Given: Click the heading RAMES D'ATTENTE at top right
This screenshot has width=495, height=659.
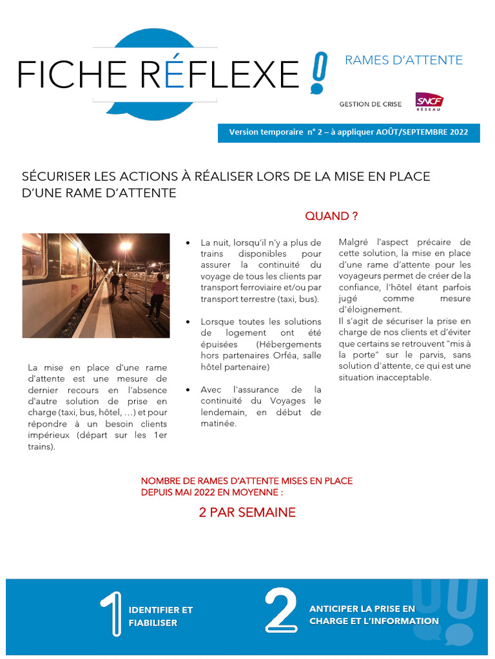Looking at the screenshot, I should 404,60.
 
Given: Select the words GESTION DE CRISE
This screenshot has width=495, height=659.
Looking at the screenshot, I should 371,104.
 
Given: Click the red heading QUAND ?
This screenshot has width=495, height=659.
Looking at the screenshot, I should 331,216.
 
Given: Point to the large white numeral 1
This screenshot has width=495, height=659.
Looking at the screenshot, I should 112,614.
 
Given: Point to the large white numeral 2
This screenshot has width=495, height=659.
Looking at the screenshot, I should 281,610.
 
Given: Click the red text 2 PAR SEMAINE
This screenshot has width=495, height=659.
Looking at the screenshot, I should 247,512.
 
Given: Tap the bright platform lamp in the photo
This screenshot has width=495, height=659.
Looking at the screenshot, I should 126,245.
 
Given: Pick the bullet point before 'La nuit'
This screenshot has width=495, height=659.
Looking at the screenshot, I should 188,243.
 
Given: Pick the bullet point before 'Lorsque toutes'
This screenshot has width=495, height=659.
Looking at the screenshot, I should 188,322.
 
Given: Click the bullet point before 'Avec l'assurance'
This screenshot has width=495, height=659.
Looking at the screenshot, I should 188,390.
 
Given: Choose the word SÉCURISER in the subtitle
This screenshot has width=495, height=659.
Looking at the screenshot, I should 54,176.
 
